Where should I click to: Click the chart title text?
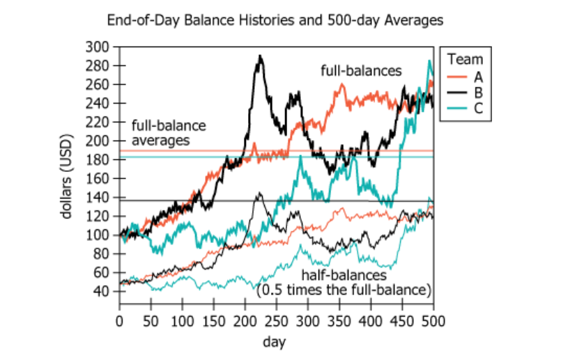pyautogui.click(x=275, y=21)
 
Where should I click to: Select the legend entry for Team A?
pyautogui.click(x=466, y=76)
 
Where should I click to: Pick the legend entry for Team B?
pyautogui.click(x=466, y=92)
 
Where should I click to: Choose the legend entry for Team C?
pyautogui.click(x=466, y=108)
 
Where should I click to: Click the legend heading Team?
pyautogui.click(x=466, y=59)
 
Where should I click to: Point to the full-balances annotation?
pyautogui.click(x=361, y=70)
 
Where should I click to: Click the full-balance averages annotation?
pyautogui.click(x=169, y=133)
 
